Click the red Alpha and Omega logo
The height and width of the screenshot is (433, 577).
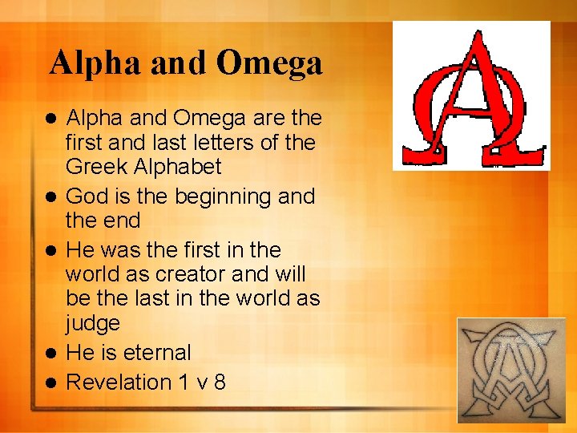(471, 95)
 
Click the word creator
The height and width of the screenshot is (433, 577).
(186, 273)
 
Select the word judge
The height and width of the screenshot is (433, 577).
(93, 325)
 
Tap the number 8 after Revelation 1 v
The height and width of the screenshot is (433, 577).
(219, 382)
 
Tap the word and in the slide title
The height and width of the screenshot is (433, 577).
(173, 63)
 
